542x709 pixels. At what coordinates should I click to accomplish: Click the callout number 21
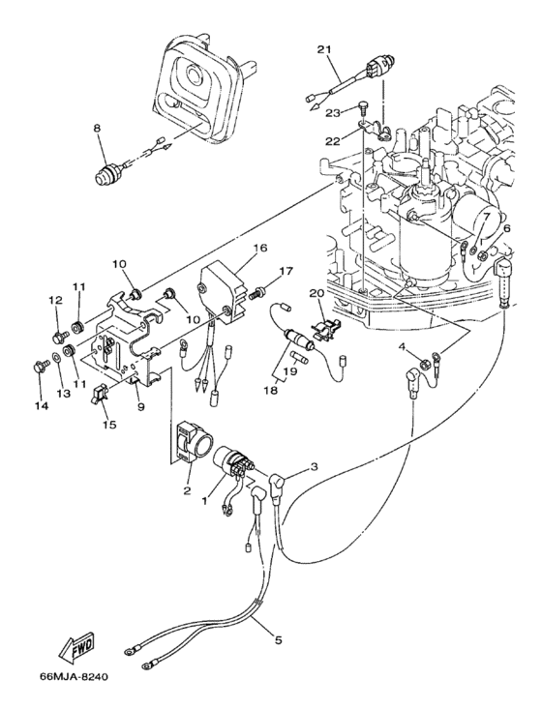tap(323, 49)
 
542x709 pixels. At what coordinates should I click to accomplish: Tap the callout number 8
tap(97, 127)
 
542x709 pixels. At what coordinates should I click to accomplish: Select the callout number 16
tap(259, 248)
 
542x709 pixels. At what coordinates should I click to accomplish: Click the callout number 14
tap(40, 406)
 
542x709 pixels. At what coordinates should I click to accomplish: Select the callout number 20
tap(316, 293)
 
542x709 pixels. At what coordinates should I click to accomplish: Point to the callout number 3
tap(314, 467)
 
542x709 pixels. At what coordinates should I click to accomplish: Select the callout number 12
tap(54, 301)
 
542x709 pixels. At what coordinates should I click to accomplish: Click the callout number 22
tap(331, 140)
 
